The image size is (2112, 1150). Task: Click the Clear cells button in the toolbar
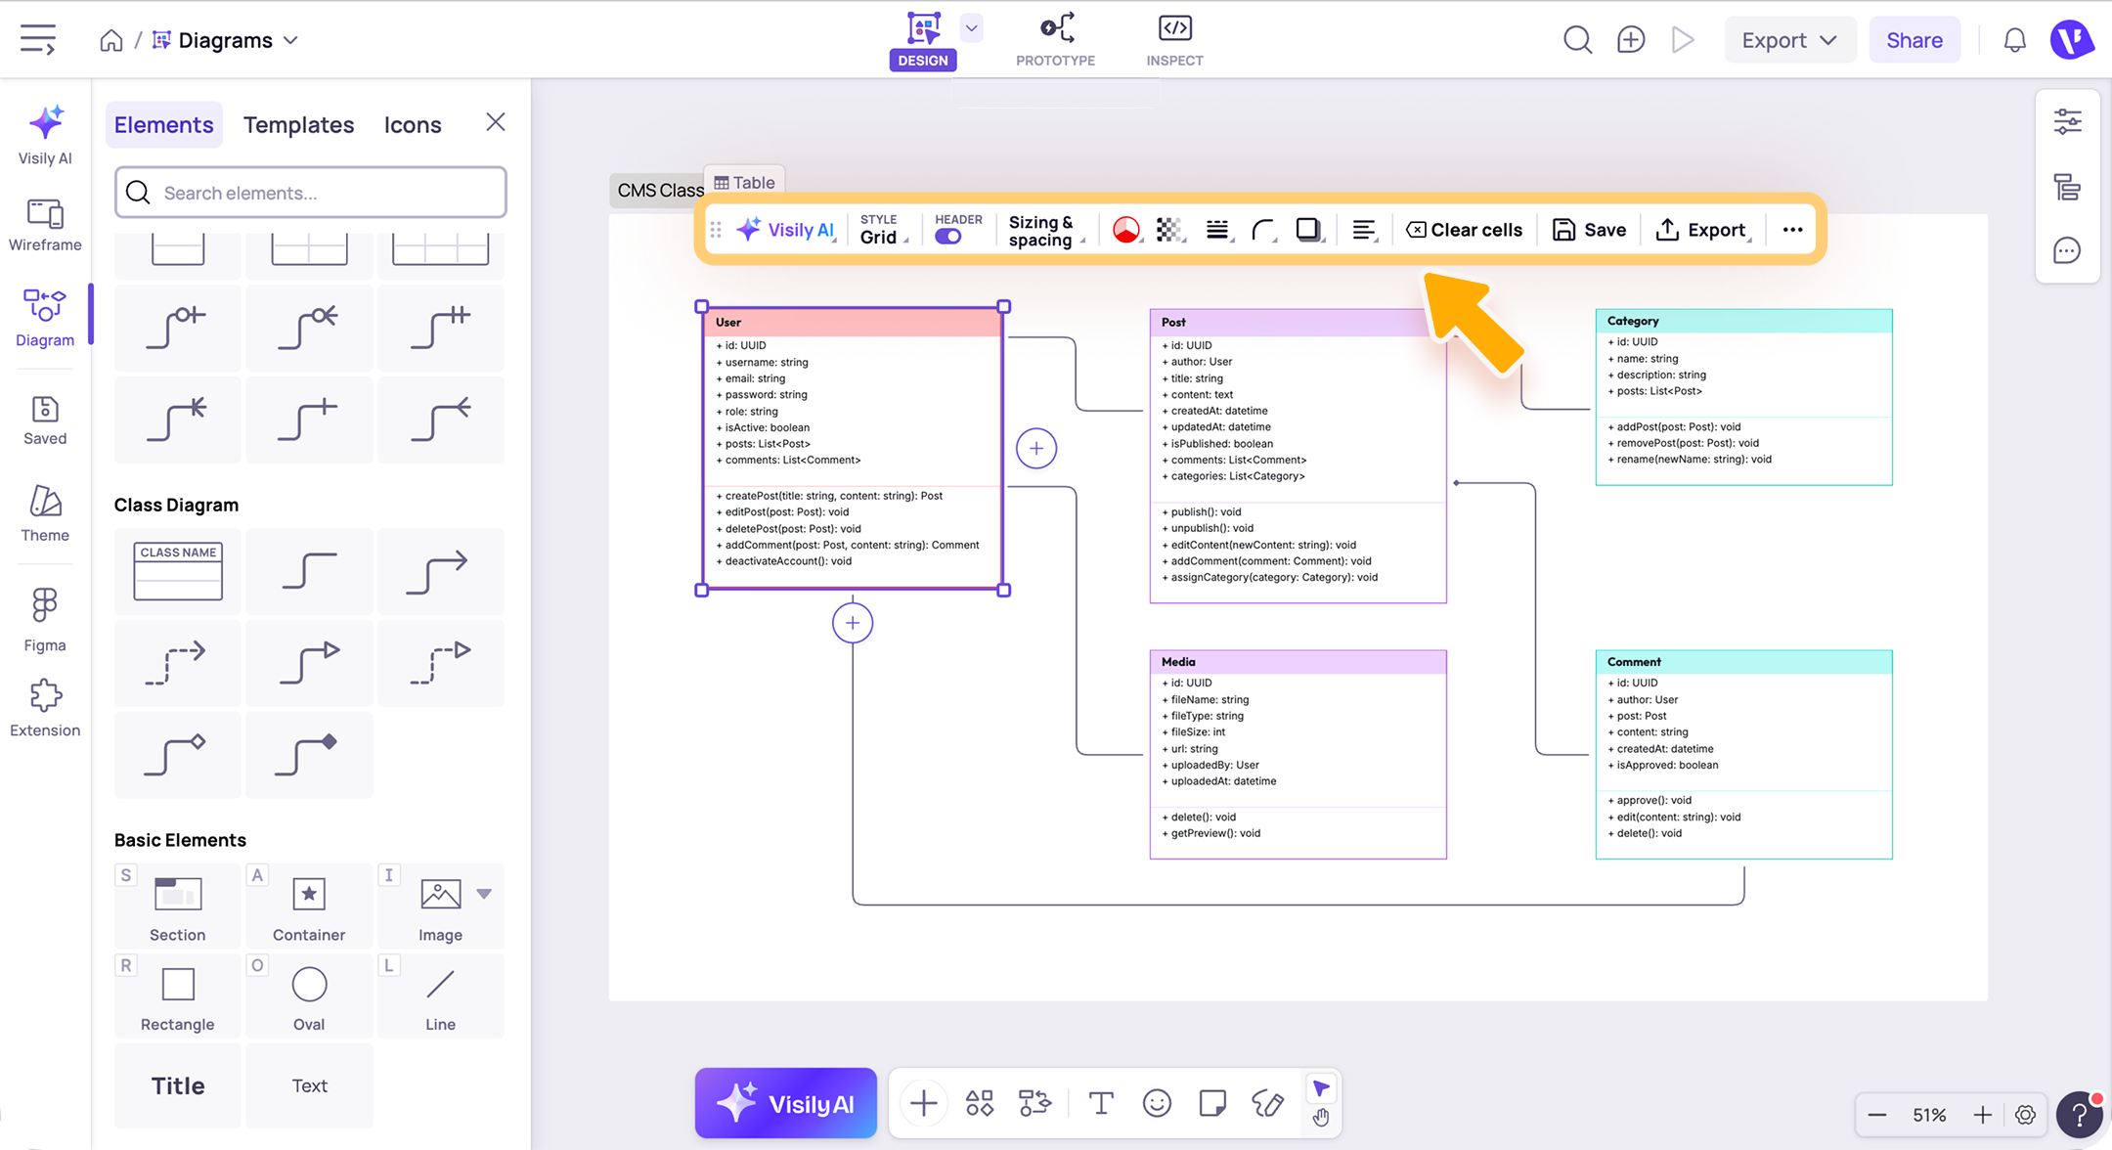tap(1464, 230)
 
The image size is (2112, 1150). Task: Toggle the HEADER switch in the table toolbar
tap(947, 237)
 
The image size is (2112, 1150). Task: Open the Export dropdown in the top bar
tap(1789, 40)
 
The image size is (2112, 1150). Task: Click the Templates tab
tap(298, 124)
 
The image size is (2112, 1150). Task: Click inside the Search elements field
tap(311, 193)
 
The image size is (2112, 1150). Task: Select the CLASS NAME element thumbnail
tap(178, 571)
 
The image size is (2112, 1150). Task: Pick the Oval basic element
tap(309, 996)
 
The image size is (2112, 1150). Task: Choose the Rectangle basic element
tap(177, 996)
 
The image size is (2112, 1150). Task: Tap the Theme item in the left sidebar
tap(45, 513)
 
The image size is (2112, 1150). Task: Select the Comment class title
tap(1634, 662)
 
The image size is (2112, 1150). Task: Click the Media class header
tap(1298, 662)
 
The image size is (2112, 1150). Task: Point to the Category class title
tap(1633, 321)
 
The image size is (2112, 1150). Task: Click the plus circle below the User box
tap(853, 623)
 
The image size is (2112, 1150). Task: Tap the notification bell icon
tap(2014, 40)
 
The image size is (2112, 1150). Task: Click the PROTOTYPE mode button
tap(1056, 40)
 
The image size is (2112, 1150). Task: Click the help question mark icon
tap(2079, 1115)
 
